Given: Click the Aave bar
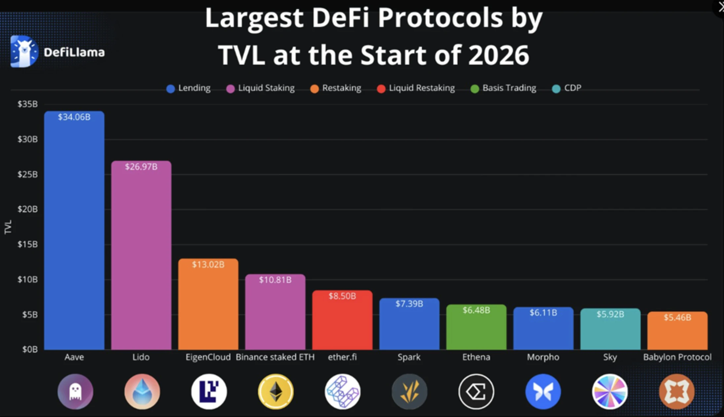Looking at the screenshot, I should click(x=74, y=231).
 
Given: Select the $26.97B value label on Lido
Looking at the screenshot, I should click(x=141, y=167).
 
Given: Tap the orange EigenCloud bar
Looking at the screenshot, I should click(x=208, y=307).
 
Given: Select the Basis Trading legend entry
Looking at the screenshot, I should click(x=503, y=88).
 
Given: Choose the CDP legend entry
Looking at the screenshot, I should click(x=567, y=88).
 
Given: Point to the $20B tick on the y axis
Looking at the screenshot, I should click(x=27, y=209).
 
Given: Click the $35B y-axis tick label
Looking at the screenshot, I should click(x=27, y=104).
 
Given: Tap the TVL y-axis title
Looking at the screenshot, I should click(x=8, y=227).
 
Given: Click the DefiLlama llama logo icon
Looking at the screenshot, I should click(x=23, y=52).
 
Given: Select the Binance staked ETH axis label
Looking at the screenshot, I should click(x=275, y=357).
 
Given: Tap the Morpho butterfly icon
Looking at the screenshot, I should click(x=543, y=392).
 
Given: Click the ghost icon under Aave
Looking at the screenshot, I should click(x=75, y=392).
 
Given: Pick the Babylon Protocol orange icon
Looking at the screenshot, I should click(x=677, y=392).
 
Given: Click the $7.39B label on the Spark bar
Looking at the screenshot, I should click(x=409, y=304).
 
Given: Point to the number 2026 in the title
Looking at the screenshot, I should click(x=499, y=55).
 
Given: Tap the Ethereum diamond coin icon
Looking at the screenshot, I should click(x=276, y=392).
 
